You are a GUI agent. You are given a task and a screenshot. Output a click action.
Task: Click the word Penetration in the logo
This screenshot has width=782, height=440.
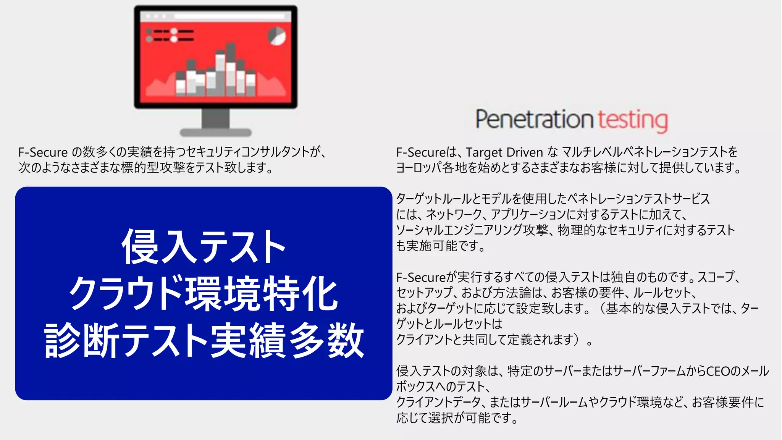point(534,119)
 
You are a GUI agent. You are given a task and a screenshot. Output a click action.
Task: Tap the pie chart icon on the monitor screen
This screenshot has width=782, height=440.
point(276,36)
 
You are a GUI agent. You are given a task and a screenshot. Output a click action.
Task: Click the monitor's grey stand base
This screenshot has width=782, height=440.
point(216,133)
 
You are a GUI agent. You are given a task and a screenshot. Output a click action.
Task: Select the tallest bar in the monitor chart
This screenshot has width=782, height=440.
point(231,69)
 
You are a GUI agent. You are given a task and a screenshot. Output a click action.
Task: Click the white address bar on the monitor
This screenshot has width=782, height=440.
point(229,16)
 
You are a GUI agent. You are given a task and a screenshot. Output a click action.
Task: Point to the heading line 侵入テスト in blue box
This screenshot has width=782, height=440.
point(204,247)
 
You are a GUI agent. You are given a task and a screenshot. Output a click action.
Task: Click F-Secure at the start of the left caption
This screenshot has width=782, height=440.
point(43,152)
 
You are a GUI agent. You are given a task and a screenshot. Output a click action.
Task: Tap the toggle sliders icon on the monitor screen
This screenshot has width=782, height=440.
point(170,35)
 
